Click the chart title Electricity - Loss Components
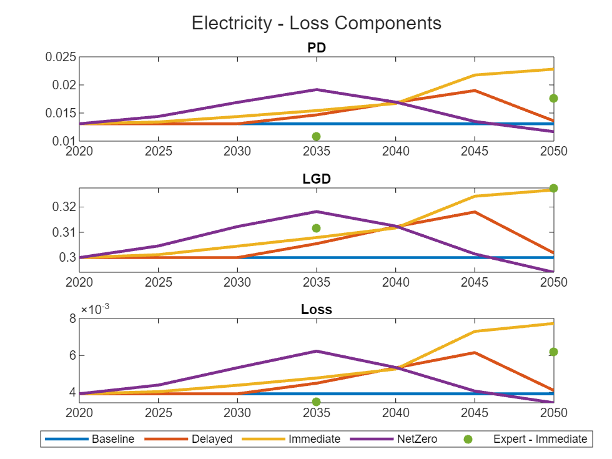[317, 23]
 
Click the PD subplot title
[317, 48]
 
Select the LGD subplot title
[317, 179]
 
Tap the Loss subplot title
[317, 310]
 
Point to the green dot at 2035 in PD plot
[317, 136]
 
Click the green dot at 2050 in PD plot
[553, 98]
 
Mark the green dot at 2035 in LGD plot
[317, 228]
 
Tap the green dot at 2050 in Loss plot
[553, 352]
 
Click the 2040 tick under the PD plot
[395, 151]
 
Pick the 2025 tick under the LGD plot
[159, 282]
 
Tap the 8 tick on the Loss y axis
[72, 318]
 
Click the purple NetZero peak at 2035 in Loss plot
[317, 351]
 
